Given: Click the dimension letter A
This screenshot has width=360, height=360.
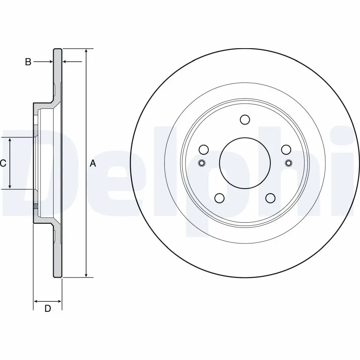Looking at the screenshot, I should (x=93, y=163).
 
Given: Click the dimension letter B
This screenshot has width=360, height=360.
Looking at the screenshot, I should (x=28, y=62).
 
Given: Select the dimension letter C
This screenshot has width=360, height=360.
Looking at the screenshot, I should (x=3, y=163).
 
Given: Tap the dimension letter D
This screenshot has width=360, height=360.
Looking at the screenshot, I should (x=47, y=308).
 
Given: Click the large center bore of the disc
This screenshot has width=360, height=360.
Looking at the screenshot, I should (x=245, y=162).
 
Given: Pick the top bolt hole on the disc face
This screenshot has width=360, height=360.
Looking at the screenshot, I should (x=245, y=120).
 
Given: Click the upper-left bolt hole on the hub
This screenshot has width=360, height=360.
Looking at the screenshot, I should (x=204, y=149).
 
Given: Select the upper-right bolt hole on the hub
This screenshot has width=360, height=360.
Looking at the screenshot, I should (x=286, y=149).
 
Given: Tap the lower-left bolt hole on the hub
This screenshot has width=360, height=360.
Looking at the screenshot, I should (x=220, y=198).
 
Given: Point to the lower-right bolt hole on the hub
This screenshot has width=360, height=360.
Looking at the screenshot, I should (x=270, y=198).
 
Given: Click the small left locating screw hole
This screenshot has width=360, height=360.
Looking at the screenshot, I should (x=202, y=163).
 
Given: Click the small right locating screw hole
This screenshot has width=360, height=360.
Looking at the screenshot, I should (x=288, y=163).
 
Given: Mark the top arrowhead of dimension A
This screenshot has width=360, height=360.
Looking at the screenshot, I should (x=86, y=51).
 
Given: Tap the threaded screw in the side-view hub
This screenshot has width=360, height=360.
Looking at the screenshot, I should (x=35, y=207).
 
